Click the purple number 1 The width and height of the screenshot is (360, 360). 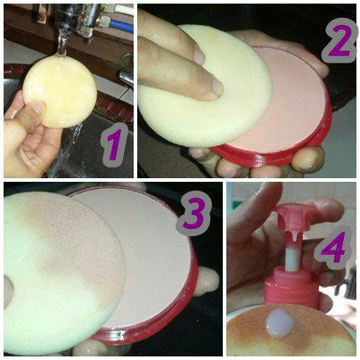(x=111, y=147)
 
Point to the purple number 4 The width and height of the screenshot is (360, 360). (x=332, y=250)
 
